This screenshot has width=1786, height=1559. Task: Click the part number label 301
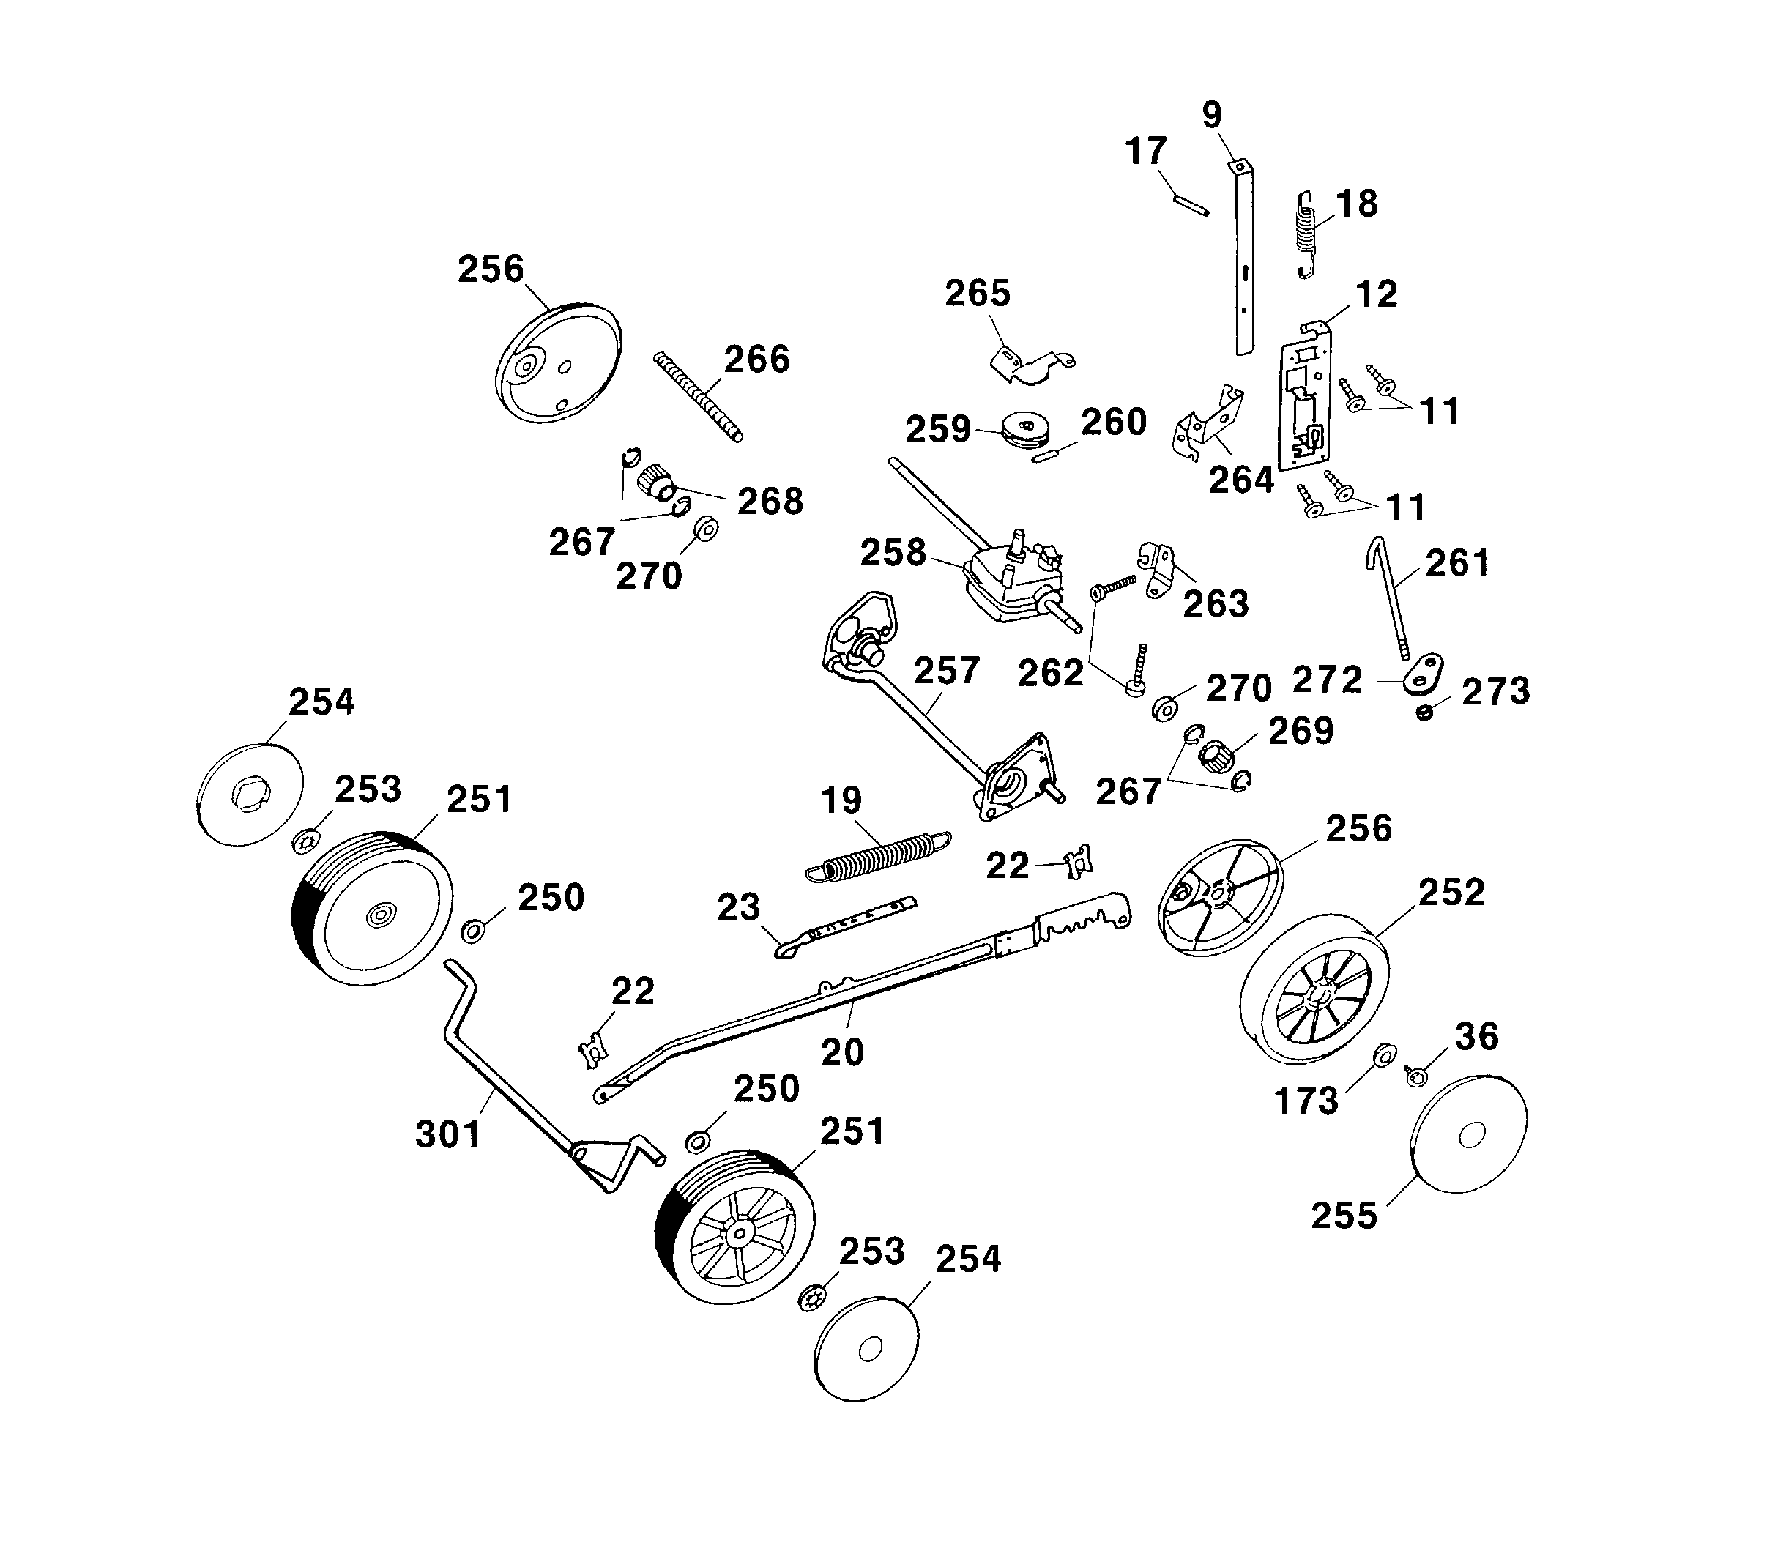pyautogui.click(x=448, y=1134)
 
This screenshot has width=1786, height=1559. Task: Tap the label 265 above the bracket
pyautogui.click(x=977, y=294)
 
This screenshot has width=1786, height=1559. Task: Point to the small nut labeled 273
pyautogui.click(x=1424, y=713)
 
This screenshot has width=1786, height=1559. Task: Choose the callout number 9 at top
pyautogui.click(x=1212, y=115)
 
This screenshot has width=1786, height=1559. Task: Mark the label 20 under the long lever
pyautogui.click(x=842, y=1052)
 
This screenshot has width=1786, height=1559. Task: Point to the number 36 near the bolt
pyautogui.click(x=1476, y=1036)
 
